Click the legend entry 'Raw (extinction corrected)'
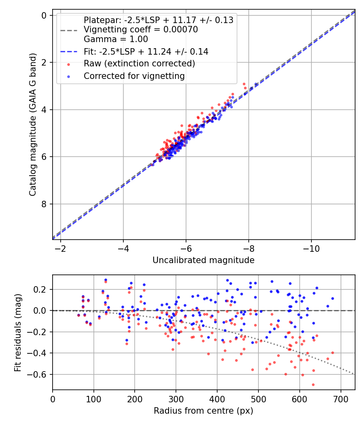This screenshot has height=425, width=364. tap(139, 64)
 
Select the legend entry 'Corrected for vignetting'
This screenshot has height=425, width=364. tap(134, 76)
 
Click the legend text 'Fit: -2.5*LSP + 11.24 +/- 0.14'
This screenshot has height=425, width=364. tap(146, 51)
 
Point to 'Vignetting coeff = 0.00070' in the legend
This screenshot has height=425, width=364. tap(141, 30)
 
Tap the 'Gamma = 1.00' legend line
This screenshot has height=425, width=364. tap(116, 39)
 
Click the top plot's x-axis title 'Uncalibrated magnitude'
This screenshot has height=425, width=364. tap(203, 260)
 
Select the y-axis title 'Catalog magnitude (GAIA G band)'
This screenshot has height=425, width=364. tap(33, 125)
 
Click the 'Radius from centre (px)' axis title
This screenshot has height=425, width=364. tap(203, 411)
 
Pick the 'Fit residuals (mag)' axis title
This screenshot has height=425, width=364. tap(18, 333)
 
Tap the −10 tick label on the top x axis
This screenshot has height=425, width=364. tap(311, 247)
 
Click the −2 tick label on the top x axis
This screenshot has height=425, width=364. tap(61, 247)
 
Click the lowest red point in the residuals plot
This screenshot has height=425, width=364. tap(313, 385)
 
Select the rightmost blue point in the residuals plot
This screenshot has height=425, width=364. tap(332, 298)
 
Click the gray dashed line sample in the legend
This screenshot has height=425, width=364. tap(68, 30)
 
